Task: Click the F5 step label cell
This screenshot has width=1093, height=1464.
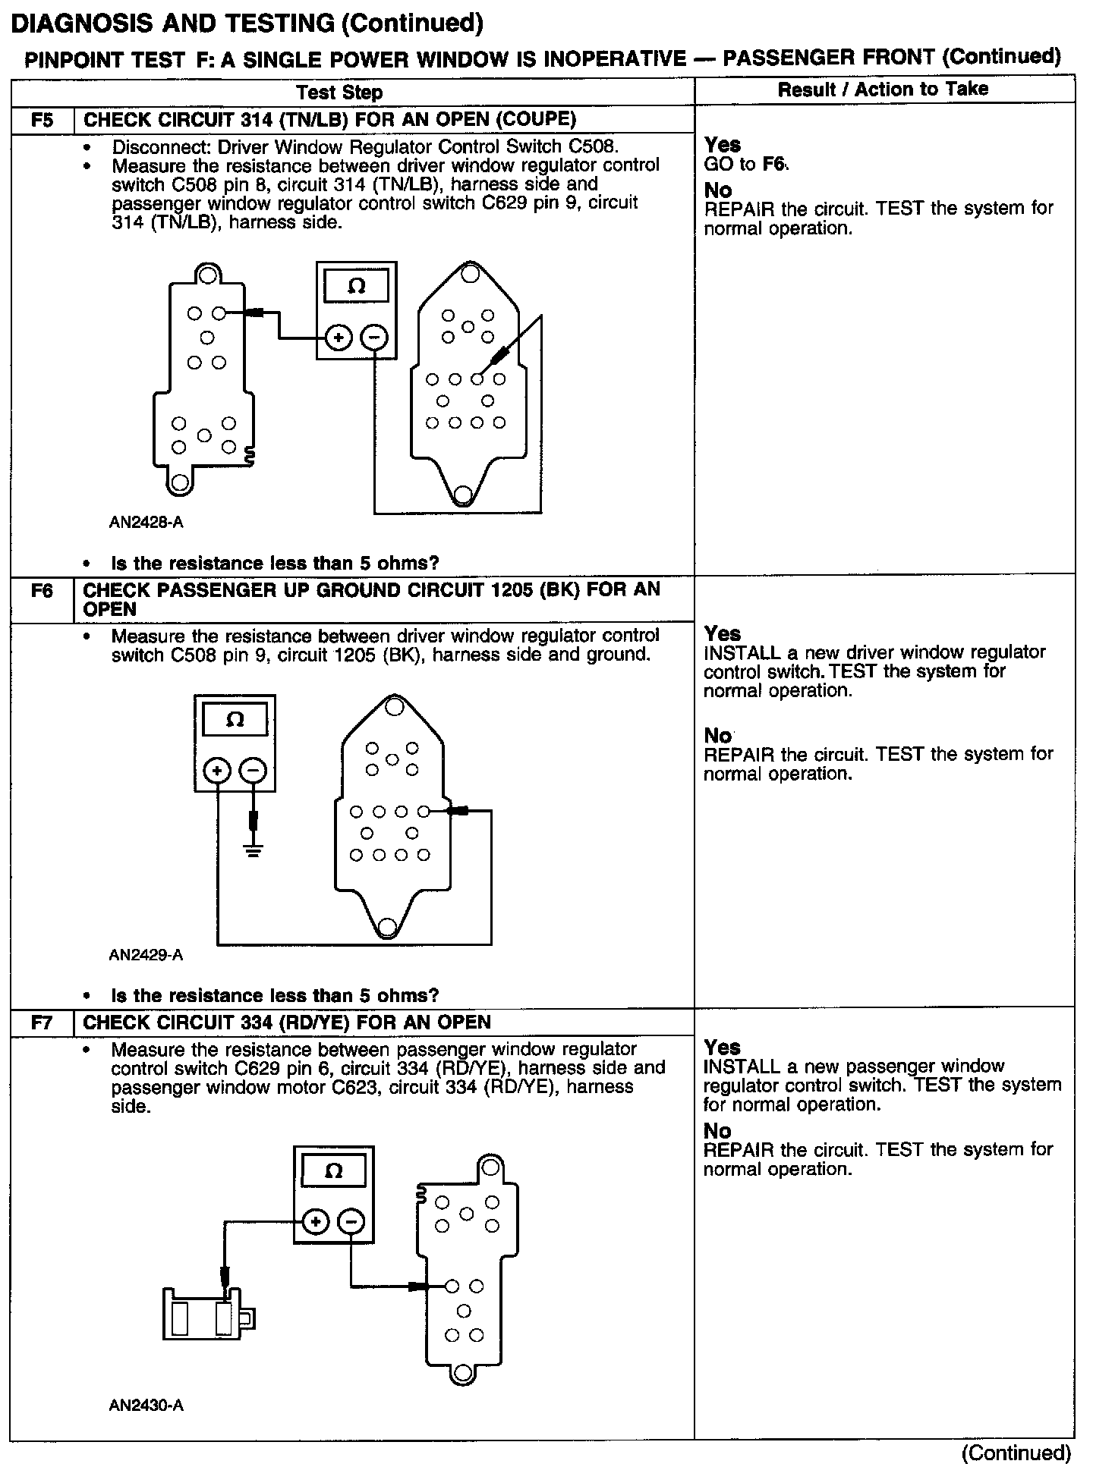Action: point(42,120)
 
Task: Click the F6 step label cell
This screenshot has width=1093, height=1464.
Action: point(42,590)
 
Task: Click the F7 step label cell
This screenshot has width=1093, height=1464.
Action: point(42,1023)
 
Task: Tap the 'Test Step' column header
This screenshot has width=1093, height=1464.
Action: point(339,93)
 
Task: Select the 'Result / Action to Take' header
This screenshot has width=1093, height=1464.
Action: point(883,89)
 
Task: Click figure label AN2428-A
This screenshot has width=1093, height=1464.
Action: point(146,523)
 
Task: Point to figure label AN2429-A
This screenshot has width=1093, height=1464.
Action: point(146,955)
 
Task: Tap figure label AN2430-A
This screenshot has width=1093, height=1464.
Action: point(146,1406)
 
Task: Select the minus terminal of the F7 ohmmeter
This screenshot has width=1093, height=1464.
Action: point(351,1222)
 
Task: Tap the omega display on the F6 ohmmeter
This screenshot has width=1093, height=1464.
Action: point(235,720)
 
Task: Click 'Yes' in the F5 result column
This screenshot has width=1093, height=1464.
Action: point(722,145)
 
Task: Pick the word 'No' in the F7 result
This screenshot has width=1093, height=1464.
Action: point(717,1130)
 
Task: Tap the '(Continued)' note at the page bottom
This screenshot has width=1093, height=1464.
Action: point(1016,1452)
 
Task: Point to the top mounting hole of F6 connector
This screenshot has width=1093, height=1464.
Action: point(393,708)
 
